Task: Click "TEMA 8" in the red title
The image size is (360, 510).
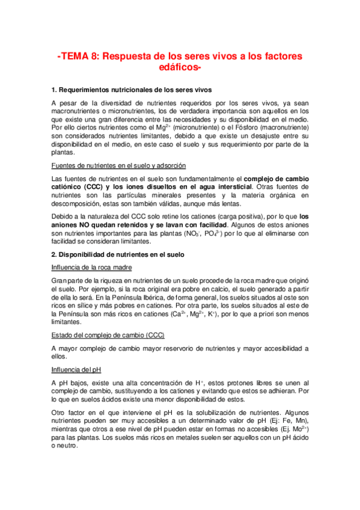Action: (81, 57)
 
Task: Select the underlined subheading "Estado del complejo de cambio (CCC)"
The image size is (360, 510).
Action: (109, 335)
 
